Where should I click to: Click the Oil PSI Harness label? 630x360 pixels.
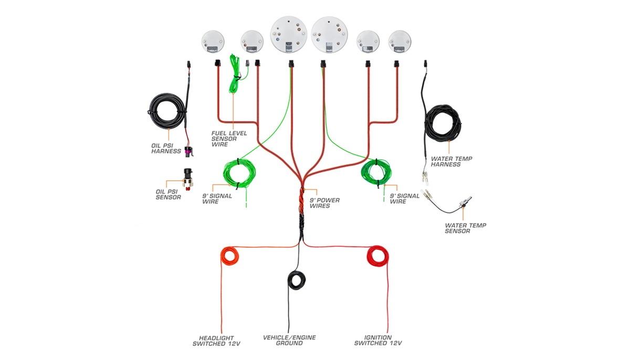[166, 148]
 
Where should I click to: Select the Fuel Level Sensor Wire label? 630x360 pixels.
[229, 139]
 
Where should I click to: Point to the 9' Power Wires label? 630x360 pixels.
[324, 203]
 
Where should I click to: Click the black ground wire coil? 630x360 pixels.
[297, 279]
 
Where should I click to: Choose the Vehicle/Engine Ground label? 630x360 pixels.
[289, 341]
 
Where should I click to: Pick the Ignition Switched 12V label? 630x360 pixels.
[378, 341]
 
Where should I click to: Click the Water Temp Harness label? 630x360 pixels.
[445, 161]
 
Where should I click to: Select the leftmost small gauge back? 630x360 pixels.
[213, 41]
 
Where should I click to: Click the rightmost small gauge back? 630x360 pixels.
[400, 41]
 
